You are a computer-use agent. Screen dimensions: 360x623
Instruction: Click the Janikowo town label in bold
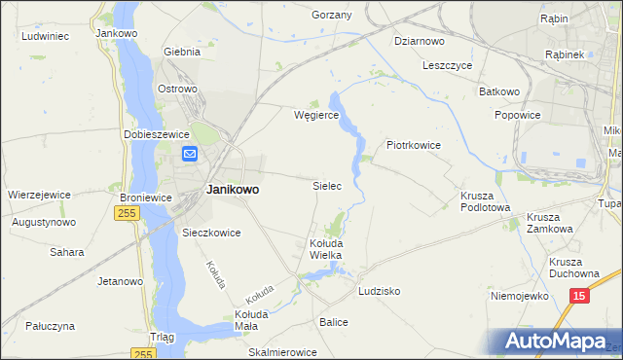(233, 190)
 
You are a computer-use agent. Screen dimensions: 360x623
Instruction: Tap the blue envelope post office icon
(190, 154)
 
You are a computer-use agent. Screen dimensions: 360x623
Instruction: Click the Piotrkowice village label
(414, 145)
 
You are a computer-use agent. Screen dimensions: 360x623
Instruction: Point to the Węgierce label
(315, 115)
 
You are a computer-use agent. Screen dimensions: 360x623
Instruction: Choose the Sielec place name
(326, 185)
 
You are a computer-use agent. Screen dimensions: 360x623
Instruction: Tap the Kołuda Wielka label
(326, 248)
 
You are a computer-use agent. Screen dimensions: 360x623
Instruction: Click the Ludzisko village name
(380, 291)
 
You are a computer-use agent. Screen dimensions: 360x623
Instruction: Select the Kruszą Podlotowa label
(485, 200)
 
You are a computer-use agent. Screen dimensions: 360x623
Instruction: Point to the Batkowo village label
(499, 91)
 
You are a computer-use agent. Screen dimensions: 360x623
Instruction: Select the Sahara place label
(67, 252)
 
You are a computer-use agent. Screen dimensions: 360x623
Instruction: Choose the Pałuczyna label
(52, 326)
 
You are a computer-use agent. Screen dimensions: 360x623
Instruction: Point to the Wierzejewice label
(39, 195)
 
